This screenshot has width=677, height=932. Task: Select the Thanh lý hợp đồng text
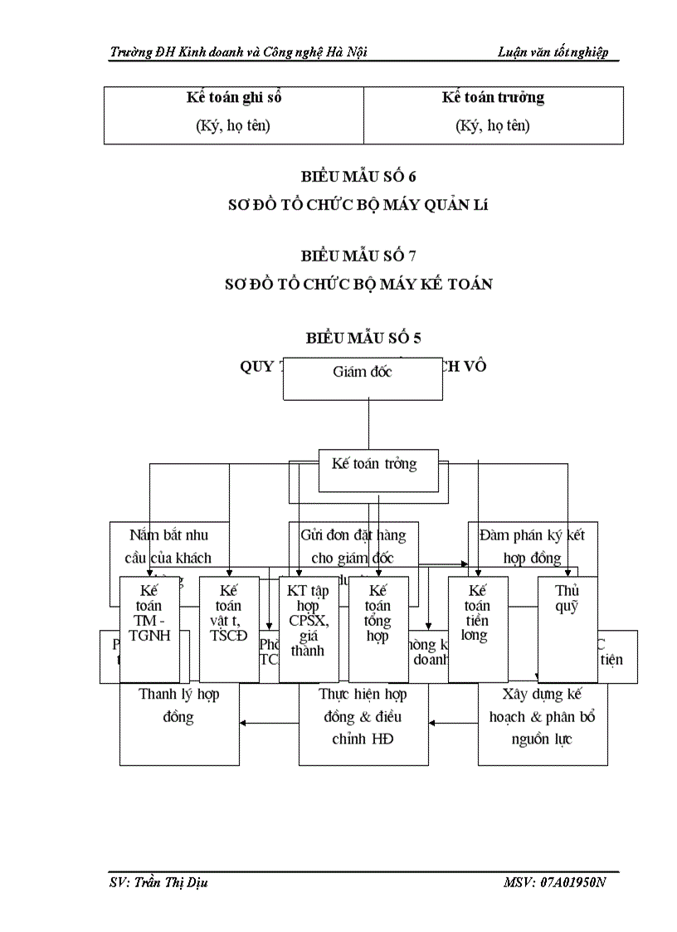click(178, 705)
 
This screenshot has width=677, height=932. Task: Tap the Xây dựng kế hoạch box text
click(543, 715)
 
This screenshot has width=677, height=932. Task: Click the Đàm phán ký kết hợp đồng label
click(533, 546)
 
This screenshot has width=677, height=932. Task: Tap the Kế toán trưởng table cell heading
click(493, 98)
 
